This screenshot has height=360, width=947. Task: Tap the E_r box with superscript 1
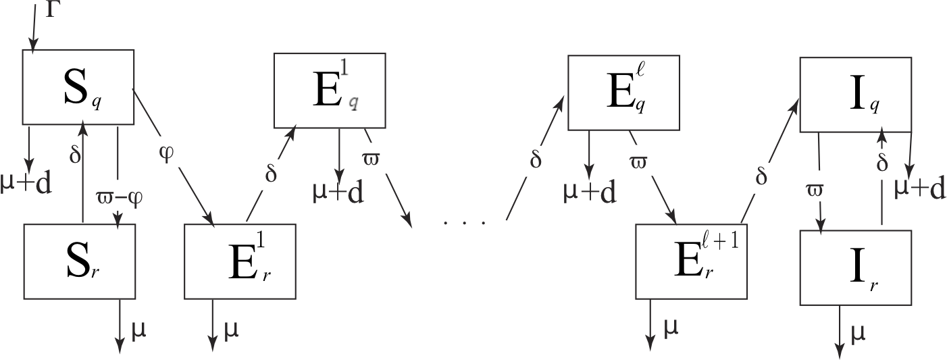coord(239,261)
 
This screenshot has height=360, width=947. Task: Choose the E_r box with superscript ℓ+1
coord(691,261)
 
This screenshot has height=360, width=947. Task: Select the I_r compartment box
coord(855,267)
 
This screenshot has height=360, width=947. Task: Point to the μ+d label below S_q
coord(26,183)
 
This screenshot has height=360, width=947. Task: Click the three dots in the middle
coord(465,221)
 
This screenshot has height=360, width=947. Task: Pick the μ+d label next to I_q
coord(919,189)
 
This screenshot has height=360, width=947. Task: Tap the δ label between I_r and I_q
coord(881,163)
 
